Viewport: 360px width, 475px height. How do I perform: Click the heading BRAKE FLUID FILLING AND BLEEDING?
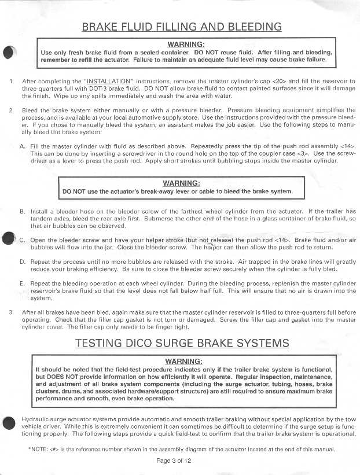[182, 27]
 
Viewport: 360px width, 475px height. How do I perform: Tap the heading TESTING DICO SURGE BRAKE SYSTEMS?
[182, 343]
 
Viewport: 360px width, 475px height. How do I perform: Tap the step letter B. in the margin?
[23, 211]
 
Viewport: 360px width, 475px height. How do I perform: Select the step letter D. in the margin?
[23, 262]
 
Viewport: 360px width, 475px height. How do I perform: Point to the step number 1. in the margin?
[12, 81]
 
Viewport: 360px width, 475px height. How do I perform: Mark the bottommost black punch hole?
[8, 422]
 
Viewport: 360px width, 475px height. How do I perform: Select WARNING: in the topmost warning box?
[185, 44]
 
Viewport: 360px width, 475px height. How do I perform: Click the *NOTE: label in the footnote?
[38, 448]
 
